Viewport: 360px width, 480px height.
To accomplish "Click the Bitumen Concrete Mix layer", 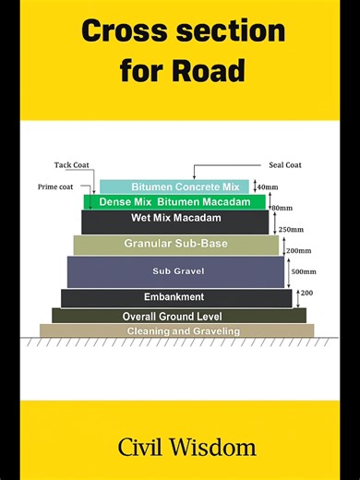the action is click(x=174, y=186).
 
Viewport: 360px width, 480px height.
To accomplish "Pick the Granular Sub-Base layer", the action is click(x=175, y=245).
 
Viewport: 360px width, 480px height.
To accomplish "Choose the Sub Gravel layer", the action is click(x=175, y=271).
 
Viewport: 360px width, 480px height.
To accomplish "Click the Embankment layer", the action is click(x=175, y=297).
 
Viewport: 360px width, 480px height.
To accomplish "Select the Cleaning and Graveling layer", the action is click(x=176, y=330).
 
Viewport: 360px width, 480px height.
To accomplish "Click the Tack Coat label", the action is click(x=70, y=165).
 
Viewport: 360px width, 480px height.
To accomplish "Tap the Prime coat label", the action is click(x=57, y=186).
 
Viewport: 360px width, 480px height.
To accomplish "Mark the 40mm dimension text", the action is click(x=267, y=187).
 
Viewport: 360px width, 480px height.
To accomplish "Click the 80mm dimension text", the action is click(x=282, y=209).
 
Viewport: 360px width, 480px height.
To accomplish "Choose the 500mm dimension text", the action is click(x=304, y=272).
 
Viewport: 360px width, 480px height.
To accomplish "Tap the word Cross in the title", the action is click(x=128, y=32).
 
